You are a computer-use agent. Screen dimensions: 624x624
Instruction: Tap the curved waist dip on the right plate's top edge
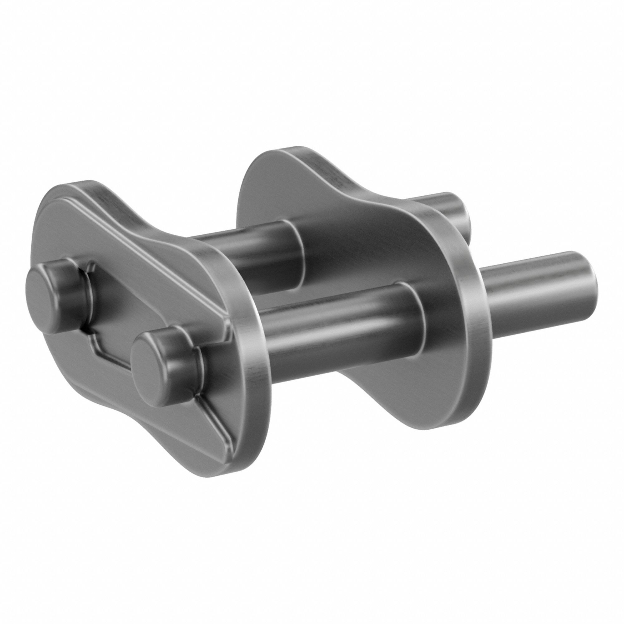[371, 191]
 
